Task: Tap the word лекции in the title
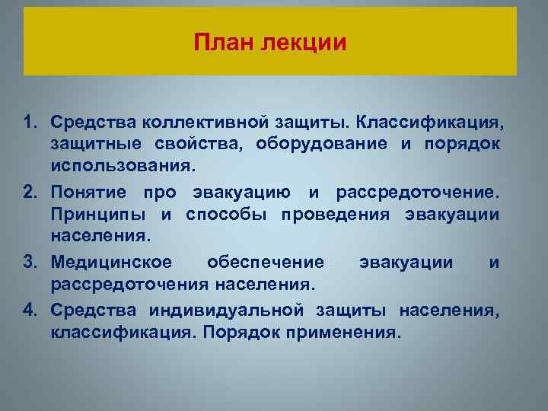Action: tap(304, 41)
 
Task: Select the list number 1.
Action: tap(30, 123)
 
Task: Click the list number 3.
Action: tap(30, 263)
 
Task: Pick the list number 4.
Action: tap(30, 310)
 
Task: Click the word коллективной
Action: tap(206, 123)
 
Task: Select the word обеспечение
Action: tap(265, 263)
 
